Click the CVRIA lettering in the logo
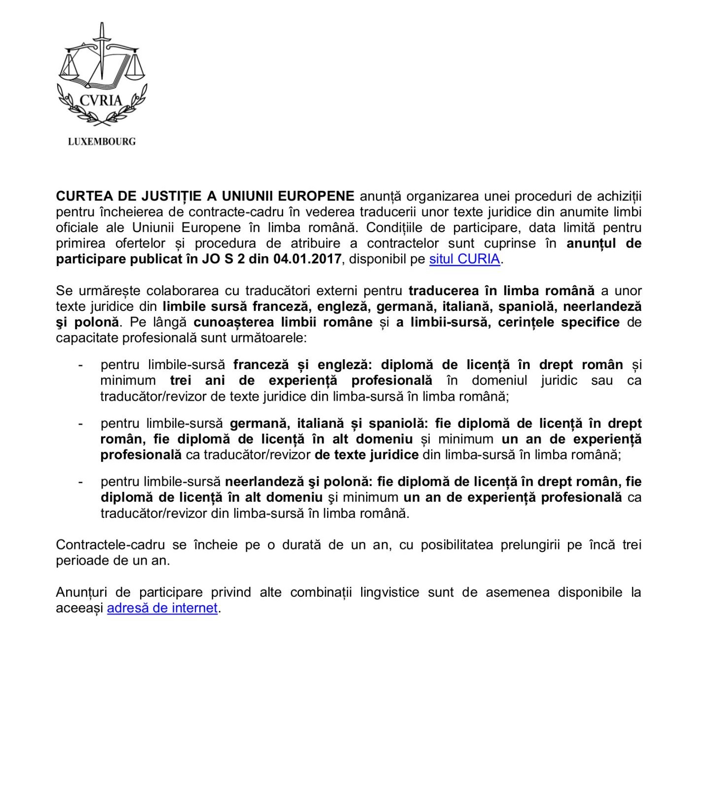101,101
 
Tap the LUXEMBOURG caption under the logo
102,141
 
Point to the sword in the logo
102,49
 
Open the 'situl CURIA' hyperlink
464,259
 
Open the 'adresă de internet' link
162,608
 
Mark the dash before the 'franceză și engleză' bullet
80,365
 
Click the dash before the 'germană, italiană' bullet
80,423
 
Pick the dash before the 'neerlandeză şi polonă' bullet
80,481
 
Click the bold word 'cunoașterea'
233,322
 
